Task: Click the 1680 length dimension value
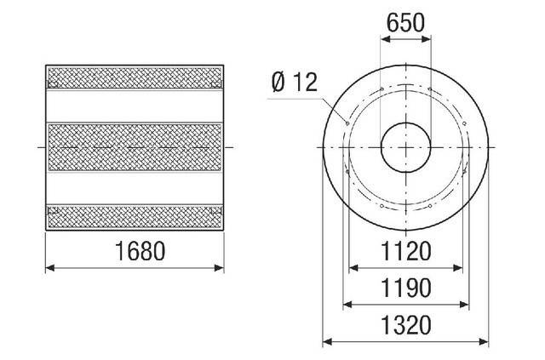pyautogui.click(x=135, y=251)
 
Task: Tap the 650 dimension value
pyautogui.click(x=405, y=24)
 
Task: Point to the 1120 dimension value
pyautogui.click(x=406, y=251)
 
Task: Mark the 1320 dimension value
pyautogui.click(x=406, y=325)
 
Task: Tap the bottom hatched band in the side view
pyautogui.click(x=135, y=216)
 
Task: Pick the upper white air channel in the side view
pyautogui.click(x=135, y=105)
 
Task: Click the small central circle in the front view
pyautogui.click(x=405, y=146)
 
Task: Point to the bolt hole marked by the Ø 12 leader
pyautogui.click(x=347, y=123)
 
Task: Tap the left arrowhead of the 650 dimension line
pyautogui.click(x=383, y=39)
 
